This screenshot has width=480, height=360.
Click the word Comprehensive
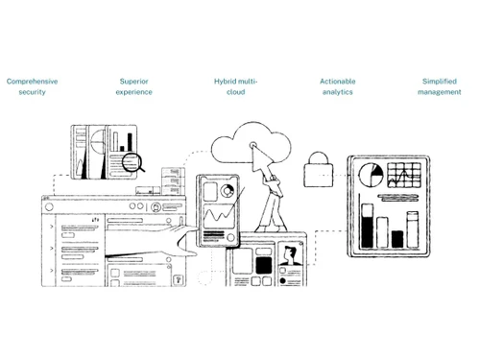coord(32,82)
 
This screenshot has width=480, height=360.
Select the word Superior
coord(133,82)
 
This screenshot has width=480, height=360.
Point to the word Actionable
coord(337,82)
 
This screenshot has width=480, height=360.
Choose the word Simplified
coord(439,82)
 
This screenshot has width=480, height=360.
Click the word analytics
coord(337,92)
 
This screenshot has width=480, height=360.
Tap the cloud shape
coord(249,144)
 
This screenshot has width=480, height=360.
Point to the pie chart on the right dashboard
coord(370,176)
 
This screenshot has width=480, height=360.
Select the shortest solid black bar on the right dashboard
coord(397,239)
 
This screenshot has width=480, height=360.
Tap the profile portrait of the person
coord(291,257)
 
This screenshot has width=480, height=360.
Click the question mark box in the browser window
coord(178,279)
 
